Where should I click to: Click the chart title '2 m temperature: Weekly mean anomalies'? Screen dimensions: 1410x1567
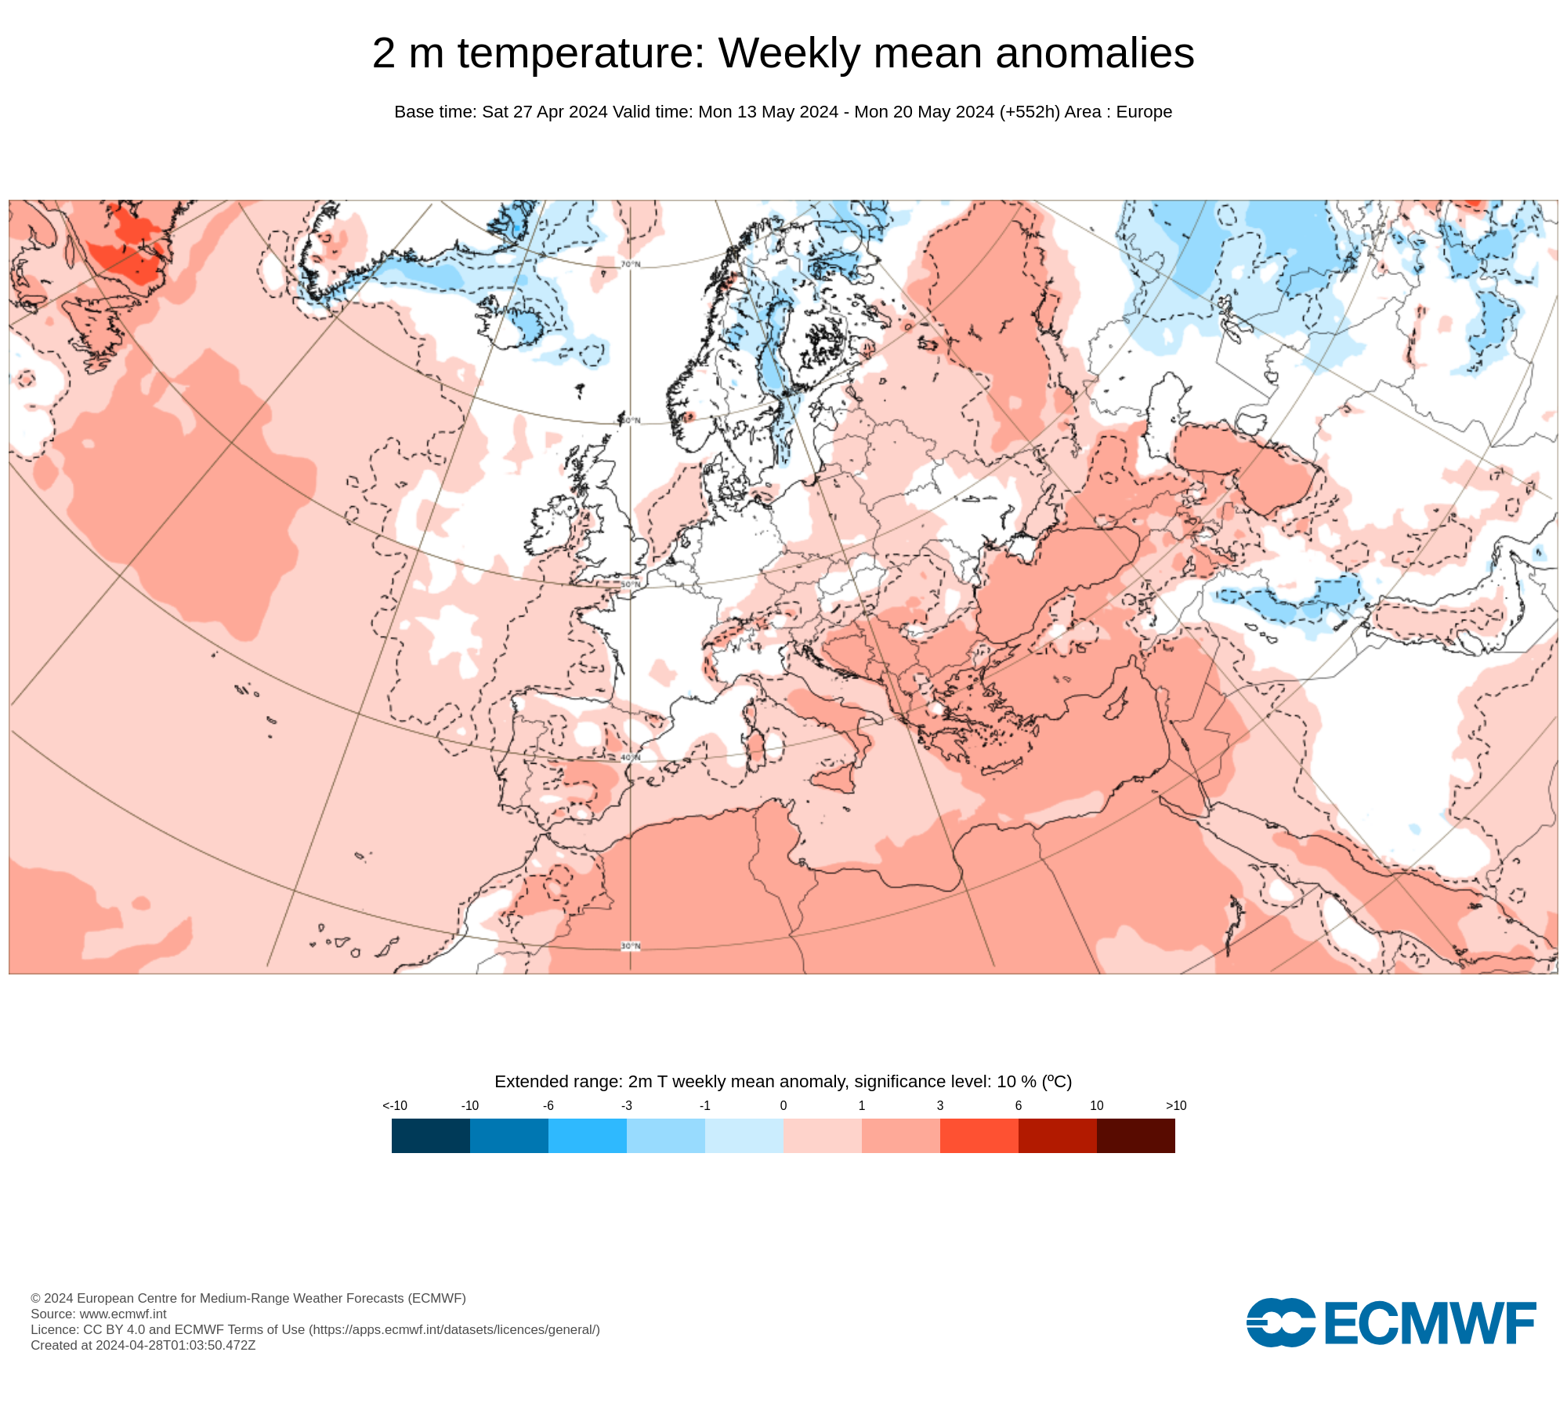tap(783, 53)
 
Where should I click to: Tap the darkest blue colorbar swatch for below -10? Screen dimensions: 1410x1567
tap(430, 1135)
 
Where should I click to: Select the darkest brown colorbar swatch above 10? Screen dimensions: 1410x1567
tap(1135, 1135)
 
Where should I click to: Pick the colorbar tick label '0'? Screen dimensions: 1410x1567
tap(783, 1105)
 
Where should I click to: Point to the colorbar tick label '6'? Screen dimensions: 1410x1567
tap(1019, 1105)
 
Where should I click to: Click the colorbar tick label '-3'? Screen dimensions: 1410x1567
tap(627, 1105)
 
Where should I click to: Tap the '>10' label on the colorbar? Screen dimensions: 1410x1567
tap(1176, 1105)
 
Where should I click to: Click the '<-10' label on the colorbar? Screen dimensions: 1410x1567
tap(395, 1105)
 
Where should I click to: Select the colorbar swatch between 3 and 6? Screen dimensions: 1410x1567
tap(979, 1135)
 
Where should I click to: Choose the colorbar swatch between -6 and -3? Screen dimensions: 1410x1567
tap(587, 1135)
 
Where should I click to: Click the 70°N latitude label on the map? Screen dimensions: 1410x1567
tap(631, 264)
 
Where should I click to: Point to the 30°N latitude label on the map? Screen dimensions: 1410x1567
tap(631, 946)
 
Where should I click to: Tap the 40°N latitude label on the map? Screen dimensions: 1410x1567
tap(631, 757)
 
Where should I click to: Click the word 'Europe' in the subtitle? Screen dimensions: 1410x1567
tap(1144, 112)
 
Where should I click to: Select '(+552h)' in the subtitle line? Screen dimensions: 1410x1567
tap(1030, 112)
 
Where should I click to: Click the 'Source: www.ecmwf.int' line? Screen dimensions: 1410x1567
tap(99, 1314)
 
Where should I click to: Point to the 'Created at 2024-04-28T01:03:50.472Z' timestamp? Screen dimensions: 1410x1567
tap(143, 1345)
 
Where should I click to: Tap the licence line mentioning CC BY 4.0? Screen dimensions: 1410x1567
tap(315, 1329)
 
